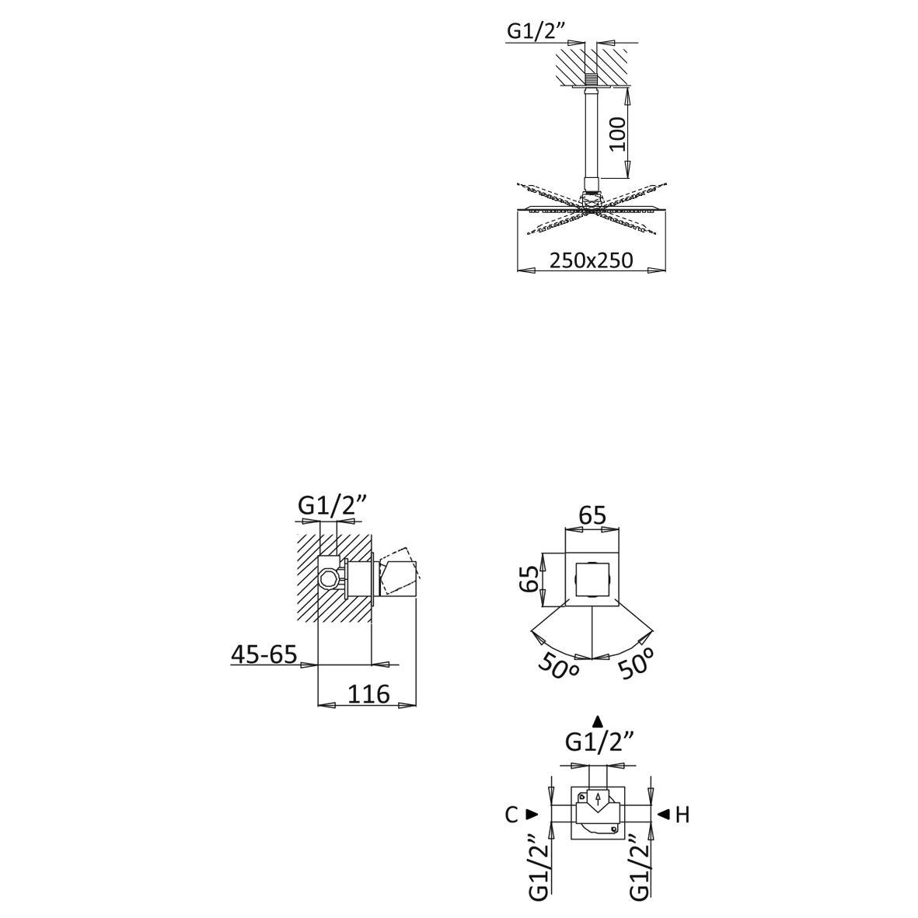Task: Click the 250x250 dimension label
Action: [591, 260]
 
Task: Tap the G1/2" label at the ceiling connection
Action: [536, 31]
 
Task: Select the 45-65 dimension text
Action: [264, 654]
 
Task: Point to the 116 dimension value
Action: [369, 693]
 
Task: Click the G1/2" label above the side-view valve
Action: [331, 506]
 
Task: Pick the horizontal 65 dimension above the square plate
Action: [592, 515]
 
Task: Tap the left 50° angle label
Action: [557, 667]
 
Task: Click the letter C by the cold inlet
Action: [511, 815]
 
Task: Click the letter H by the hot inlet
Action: [682, 815]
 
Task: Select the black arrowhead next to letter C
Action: [532, 815]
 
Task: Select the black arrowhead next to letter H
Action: [663, 815]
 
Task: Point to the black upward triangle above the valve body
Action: [597, 721]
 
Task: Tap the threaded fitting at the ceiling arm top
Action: [594, 79]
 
